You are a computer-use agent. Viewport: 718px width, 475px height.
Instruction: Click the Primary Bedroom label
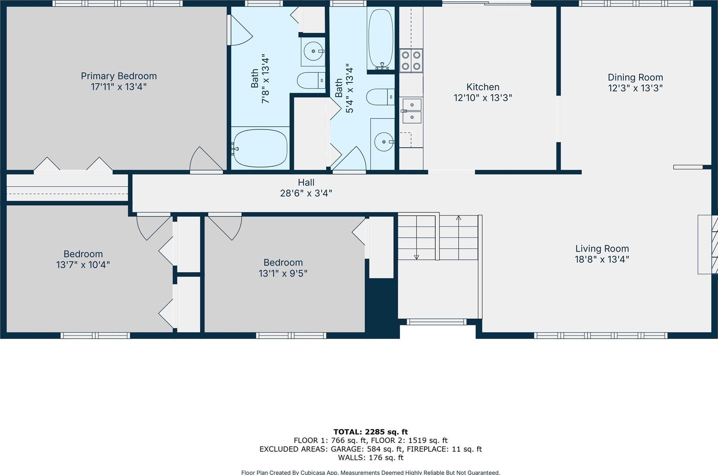coord(119,76)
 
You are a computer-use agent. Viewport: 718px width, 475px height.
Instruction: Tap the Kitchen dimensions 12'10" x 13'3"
coord(483,98)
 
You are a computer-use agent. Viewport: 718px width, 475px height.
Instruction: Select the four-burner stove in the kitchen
coord(411,61)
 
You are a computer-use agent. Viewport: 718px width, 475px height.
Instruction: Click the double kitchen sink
coord(412,111)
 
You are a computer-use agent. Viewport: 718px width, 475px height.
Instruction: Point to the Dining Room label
coord(635,78)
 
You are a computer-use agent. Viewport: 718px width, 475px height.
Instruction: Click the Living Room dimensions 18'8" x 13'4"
coord(602,260)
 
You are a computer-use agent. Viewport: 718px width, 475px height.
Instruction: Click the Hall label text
coord(306,183)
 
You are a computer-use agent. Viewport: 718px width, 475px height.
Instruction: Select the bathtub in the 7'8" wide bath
coord(260,148)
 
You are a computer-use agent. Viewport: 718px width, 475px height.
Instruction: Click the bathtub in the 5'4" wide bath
coord(380,39)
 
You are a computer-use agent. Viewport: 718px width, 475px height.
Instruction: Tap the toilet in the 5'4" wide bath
coord(380,97)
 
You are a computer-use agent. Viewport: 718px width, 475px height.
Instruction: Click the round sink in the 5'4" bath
coord(384,142)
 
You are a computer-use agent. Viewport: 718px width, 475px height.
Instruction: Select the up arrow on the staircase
coord(458,218)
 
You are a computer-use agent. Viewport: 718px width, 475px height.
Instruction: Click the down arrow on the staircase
coord(416,257)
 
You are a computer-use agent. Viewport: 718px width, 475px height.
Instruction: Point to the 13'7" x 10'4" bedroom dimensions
coord(83,265)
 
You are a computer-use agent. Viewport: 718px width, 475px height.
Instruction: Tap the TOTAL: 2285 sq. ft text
coord(370,432)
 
